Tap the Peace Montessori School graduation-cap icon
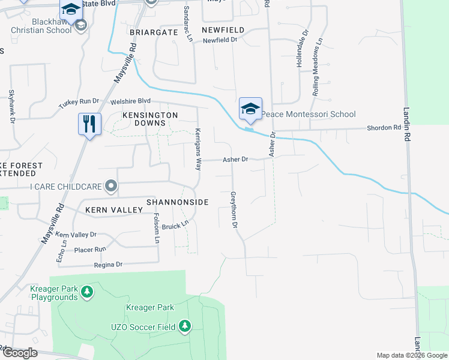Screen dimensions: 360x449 point(250,109)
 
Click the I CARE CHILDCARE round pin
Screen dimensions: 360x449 point(110,187)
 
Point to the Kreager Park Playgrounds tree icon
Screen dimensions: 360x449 point(88,292)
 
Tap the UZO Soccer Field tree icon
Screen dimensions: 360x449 point(185,326)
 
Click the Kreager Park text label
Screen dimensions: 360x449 point(150,308)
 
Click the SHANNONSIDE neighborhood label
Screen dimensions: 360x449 point(178,203)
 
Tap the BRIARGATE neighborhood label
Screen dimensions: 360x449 point(154,32)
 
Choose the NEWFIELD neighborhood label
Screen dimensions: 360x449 point(223,30)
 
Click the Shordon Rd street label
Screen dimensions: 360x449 point(384,128)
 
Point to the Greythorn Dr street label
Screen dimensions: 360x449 point(234,210)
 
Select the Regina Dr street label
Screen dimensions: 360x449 point(108,265)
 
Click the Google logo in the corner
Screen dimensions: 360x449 point(19,353)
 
